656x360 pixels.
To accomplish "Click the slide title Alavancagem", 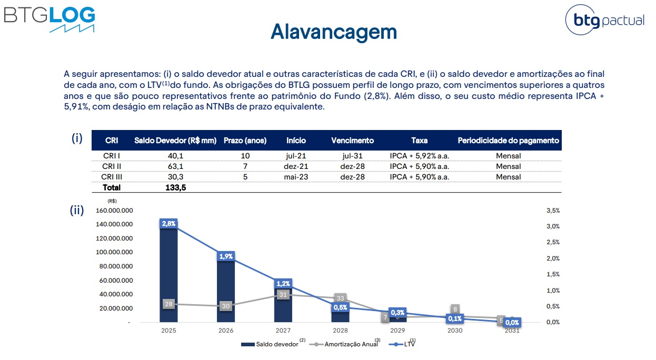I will point(333,32).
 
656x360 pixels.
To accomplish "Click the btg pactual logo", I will point(605,21).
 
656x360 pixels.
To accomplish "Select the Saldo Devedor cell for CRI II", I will point(175,166).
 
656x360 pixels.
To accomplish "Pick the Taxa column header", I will point(419,141).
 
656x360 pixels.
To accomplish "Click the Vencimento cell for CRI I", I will point(352,156).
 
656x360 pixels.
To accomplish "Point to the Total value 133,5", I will point(175,187).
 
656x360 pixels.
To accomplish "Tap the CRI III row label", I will point(112,177).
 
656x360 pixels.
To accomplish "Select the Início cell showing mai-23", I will point(296,177).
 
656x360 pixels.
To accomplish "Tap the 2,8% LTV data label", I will point(168,224).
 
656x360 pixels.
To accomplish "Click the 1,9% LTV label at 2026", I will point(226,256).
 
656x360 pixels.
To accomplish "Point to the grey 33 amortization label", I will point(340,298).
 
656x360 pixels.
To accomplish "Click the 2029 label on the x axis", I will point(397,331).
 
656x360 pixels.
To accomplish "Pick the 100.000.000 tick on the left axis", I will point(114,252).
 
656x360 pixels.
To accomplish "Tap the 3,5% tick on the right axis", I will point(553,211).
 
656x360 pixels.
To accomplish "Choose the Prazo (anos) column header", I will point(245,141).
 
